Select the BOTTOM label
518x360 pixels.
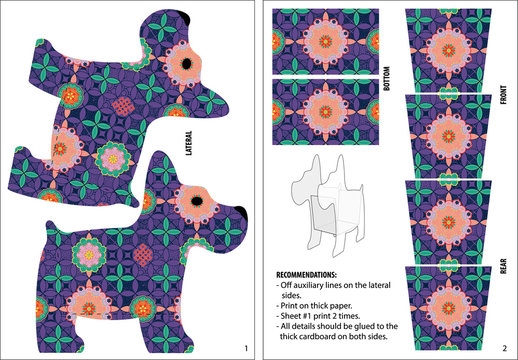387,78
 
